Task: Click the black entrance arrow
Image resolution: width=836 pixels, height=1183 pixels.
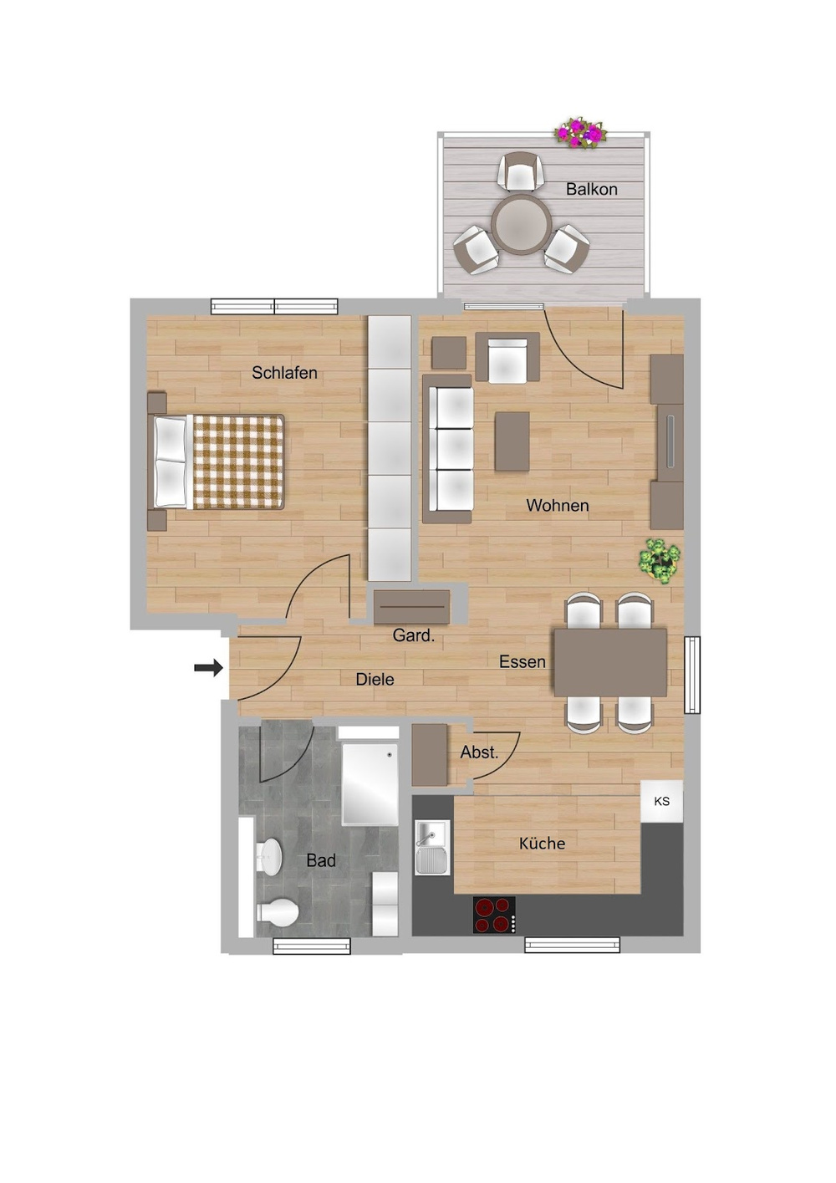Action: click(208, 667)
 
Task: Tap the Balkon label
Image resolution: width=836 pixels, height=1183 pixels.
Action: click(591, 189)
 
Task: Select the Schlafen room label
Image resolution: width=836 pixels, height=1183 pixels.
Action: click(284, 373)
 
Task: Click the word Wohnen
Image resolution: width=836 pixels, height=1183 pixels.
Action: click(557, 505)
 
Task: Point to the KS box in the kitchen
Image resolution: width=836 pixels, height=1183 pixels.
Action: click(661, 801)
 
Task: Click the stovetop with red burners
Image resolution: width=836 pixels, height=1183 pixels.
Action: click(493, 914)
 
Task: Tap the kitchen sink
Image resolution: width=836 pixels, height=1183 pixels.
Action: click(432, 846)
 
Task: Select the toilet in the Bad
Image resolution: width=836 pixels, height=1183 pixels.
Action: click(278, 912)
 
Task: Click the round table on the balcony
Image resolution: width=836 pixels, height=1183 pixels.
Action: click(521, 224)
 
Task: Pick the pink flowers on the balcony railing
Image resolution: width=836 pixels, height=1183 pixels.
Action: click(580, 132)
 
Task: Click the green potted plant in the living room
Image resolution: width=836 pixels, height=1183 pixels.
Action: click(660, 560)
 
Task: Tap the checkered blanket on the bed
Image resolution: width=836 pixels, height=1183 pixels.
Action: click(238, 461)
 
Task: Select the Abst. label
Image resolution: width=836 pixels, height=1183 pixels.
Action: click(479, 752)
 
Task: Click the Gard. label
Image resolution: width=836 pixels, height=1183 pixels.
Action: click(413, 635)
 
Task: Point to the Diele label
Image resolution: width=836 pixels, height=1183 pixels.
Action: click(375, 679)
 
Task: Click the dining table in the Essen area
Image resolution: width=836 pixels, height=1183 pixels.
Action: click(610, 662)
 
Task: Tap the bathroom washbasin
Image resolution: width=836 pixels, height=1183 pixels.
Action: click(269, 857)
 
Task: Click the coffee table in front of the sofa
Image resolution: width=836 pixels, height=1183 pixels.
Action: click(512, 441)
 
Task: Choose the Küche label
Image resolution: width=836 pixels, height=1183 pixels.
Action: click(542, 844)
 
